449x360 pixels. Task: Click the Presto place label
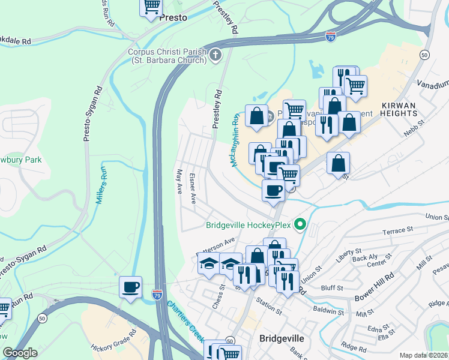(173, 18)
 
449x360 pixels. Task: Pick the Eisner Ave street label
(193, 189)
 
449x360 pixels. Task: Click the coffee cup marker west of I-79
(130, 286)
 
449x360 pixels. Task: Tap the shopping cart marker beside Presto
(152, 7)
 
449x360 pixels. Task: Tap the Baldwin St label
(328, 311)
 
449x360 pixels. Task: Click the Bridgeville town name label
(282, 338)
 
